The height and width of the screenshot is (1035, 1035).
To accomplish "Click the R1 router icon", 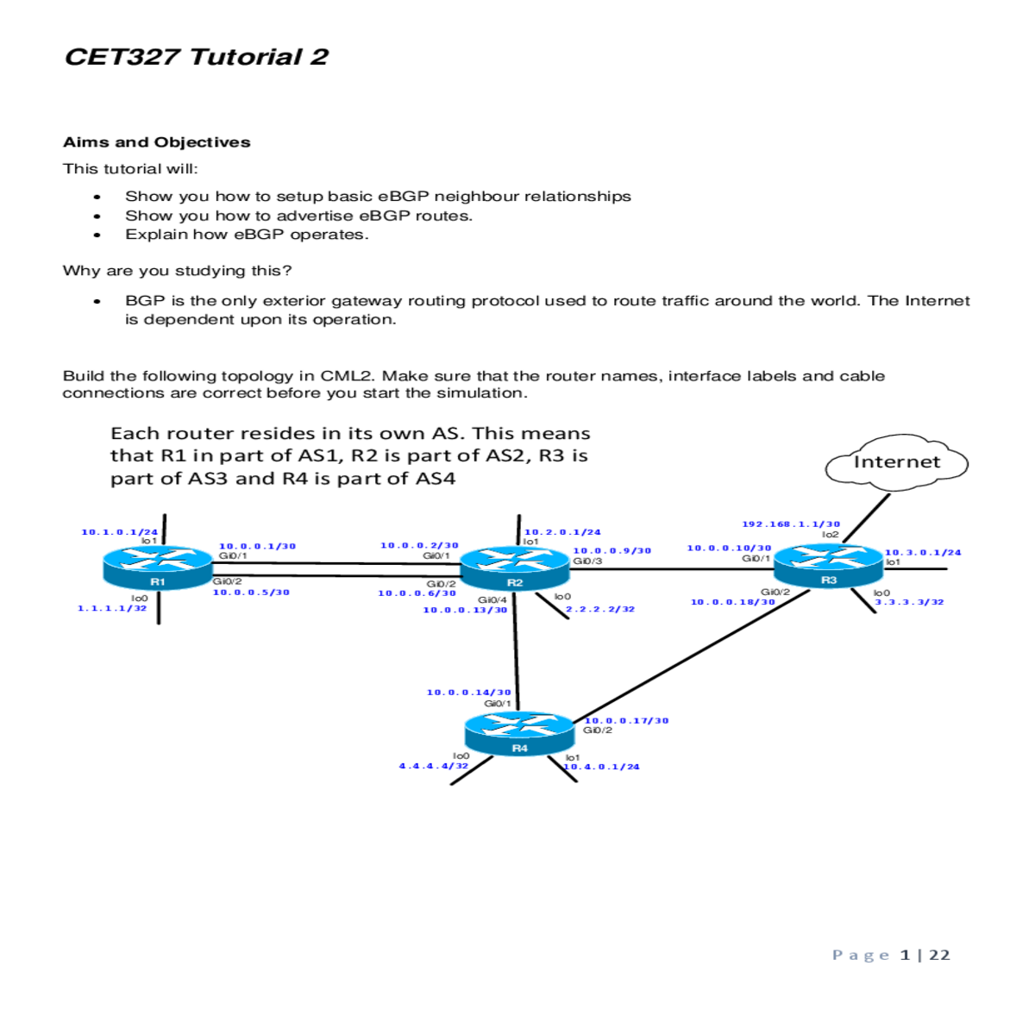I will (158, 568).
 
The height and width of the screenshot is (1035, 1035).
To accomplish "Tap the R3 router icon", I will (828, 566).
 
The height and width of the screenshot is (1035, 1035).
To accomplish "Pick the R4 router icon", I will (519, 734).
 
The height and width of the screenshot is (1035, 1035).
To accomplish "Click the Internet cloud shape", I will (896, 463).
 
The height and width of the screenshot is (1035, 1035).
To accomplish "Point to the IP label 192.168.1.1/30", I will (791, 524).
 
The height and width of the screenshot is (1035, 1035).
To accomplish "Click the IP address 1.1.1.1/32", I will (112, 609).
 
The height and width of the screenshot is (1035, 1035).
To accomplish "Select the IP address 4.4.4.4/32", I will (433, 766).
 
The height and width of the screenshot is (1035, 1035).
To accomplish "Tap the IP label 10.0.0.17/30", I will (627, 720).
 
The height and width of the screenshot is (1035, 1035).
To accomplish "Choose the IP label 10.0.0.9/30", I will (612, 550).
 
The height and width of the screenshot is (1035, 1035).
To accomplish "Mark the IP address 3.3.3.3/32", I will (909, 602).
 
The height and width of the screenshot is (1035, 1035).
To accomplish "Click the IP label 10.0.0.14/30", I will (468, 693).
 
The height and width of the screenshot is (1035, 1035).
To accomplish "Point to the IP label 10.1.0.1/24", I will (120, 532).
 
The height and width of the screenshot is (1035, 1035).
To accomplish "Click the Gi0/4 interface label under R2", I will (492, 599).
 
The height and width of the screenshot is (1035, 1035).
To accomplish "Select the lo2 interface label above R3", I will (830, 535).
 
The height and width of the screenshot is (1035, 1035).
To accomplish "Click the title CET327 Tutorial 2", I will (197, 57).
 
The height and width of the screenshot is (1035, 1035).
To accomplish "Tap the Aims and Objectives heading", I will (157, 142).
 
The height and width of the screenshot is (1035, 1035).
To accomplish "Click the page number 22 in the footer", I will (939, 955).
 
